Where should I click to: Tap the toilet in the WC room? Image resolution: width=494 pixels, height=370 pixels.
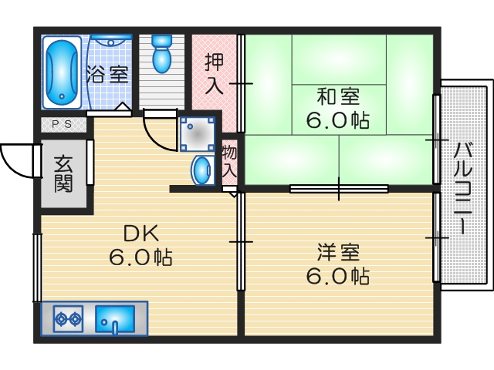(161, 52)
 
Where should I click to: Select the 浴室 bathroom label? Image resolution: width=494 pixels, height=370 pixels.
(107, 76)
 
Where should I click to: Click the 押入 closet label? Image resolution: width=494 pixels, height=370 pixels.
(214, 72)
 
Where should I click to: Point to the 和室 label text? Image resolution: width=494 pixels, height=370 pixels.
(337, 98)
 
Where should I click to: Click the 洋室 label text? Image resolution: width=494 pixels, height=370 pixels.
(337, 253)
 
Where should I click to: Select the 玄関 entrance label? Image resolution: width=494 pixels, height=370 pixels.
(63, 173)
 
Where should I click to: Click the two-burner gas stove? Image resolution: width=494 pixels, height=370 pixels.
(68, 318)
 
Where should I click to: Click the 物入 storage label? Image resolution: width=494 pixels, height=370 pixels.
(229, 161)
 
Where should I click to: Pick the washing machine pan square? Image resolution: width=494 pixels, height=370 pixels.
(197, 133)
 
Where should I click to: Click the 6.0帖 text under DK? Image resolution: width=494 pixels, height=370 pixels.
(140, 257)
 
